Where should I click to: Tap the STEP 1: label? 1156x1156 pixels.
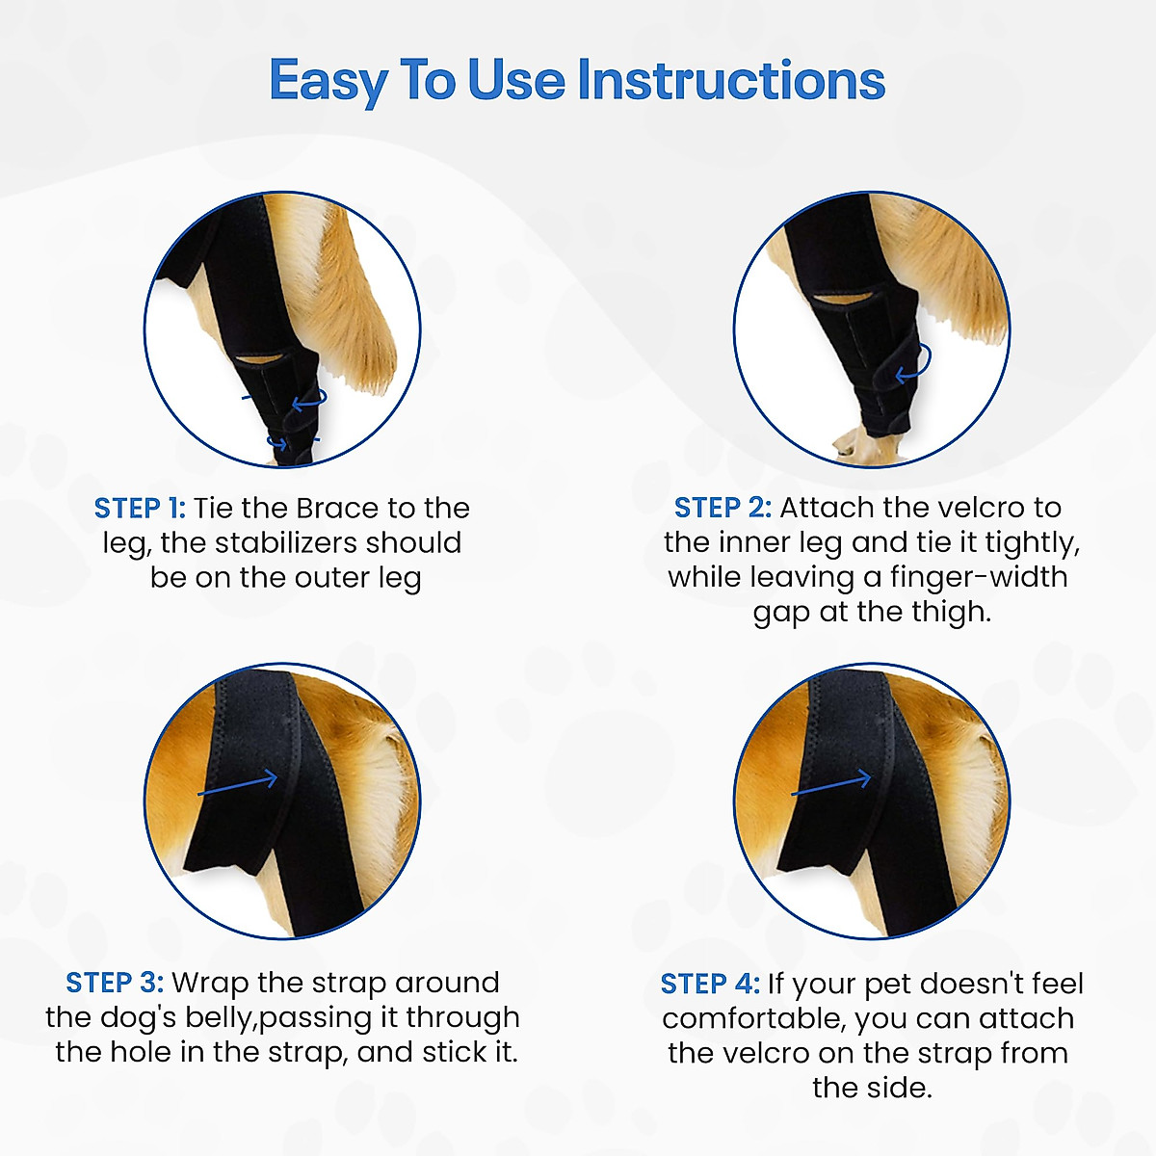click(x=140, y=508)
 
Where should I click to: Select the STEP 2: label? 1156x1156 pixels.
click(x=722, y=508)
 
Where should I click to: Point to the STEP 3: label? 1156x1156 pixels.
click(x=115, y=982)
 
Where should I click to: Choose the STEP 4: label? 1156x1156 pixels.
click(x=710, y=984)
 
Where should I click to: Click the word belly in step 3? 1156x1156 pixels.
click(x=222, y=1018)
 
